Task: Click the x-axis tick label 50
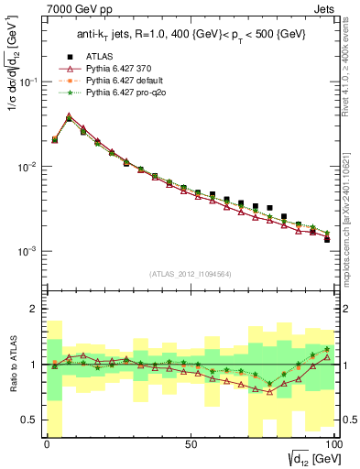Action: point(191,443)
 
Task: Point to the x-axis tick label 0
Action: point(48,443)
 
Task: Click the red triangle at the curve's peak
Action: point(69,116)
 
